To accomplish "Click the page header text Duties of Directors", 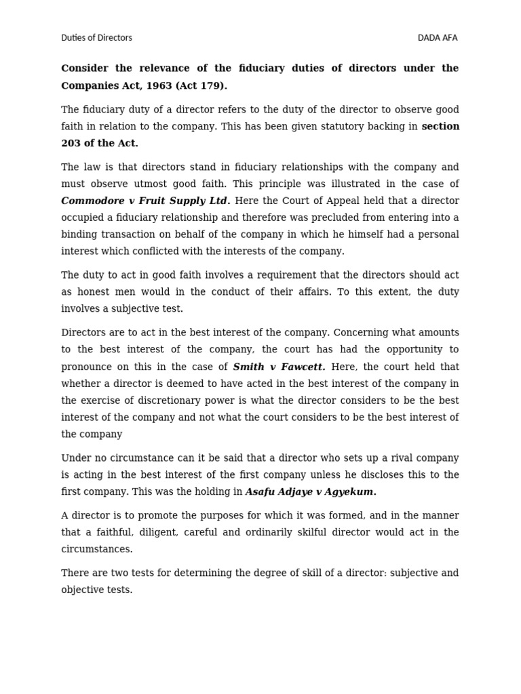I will point(96,38).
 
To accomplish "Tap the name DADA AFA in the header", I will point(438,38).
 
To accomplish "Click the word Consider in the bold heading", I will point(86,68).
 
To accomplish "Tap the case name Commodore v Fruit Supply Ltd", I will point(145,201).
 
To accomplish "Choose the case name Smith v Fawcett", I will point(279,367).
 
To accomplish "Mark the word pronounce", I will point(87,367).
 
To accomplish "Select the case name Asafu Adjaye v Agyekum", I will point(310,492).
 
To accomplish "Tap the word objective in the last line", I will point(83,590).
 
